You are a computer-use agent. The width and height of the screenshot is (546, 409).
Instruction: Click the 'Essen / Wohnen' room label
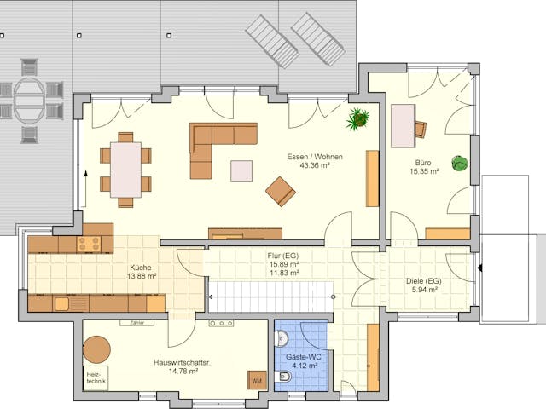308,156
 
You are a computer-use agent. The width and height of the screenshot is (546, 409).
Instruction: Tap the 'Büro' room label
422,162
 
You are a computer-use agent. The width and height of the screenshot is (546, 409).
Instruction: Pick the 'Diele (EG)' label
422,280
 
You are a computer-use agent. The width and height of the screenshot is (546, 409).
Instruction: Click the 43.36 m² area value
308,165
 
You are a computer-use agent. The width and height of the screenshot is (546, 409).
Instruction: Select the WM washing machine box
256,380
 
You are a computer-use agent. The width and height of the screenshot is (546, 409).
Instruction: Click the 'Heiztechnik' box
94,378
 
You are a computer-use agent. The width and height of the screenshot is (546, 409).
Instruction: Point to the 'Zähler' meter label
136,324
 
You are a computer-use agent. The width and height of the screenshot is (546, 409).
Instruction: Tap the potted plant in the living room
357,118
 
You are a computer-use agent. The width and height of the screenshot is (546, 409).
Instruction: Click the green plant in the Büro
460,164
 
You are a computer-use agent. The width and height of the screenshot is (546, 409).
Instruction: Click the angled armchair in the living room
280,191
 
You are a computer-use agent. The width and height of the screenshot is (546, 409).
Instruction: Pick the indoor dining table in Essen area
125,170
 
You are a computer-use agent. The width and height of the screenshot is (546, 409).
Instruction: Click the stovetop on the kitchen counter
89,245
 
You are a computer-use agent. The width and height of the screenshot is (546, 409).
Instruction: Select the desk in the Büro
403,127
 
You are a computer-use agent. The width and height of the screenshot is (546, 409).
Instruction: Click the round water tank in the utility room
96,349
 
